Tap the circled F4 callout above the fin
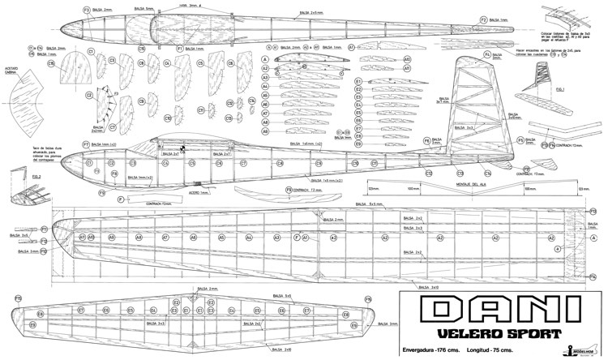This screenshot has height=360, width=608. tap(487, 55)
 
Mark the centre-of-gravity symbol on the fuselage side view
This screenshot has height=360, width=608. tap(184, 148)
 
